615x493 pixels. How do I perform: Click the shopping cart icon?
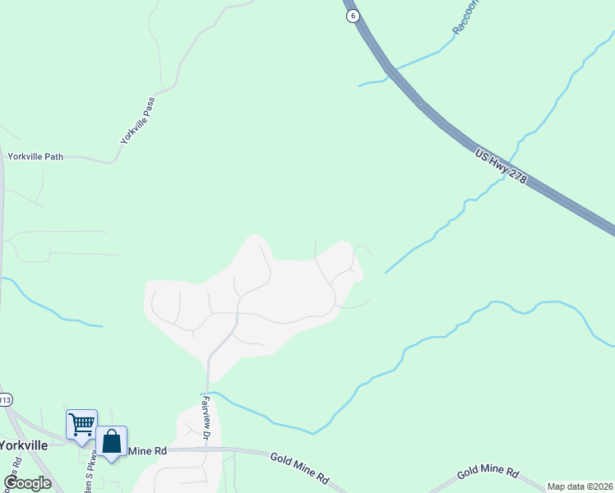point(81,425)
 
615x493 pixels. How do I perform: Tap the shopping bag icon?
point(111,441)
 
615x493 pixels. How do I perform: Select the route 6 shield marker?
point(353,16)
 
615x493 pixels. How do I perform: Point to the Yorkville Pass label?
point(137,120)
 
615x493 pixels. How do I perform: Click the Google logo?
point(27,482)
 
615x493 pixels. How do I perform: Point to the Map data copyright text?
point(580,486)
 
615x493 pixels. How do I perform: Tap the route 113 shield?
point(5,400)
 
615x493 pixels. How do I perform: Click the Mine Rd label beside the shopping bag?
point(147,451)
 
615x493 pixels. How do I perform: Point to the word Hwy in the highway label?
point(500,166)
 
